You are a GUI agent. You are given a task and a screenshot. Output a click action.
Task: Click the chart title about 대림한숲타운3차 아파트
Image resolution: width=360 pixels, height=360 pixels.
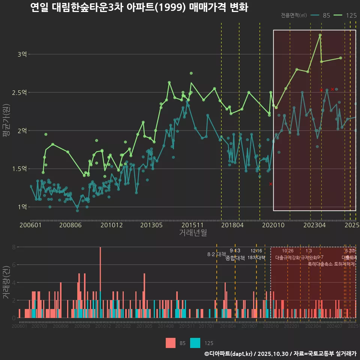coord(139,7)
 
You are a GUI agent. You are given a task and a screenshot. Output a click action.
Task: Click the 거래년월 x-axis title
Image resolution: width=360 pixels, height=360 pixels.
coord(193,233)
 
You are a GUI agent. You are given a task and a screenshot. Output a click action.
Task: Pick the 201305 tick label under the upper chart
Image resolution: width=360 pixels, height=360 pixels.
coord(151,225)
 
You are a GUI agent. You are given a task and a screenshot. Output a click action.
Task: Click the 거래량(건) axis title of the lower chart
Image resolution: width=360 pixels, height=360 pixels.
coord(6,282)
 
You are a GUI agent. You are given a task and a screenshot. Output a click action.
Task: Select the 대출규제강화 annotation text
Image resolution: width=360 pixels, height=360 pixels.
coord(288,258)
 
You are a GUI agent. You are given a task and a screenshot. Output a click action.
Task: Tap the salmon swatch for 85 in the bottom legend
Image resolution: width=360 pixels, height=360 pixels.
coord(171,343)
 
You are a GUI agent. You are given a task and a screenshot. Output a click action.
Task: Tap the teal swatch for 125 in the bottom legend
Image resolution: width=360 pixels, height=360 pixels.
coord(195,343)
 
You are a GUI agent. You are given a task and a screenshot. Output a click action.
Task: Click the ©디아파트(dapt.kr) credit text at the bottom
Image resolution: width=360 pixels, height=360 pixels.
coord(229,354)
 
